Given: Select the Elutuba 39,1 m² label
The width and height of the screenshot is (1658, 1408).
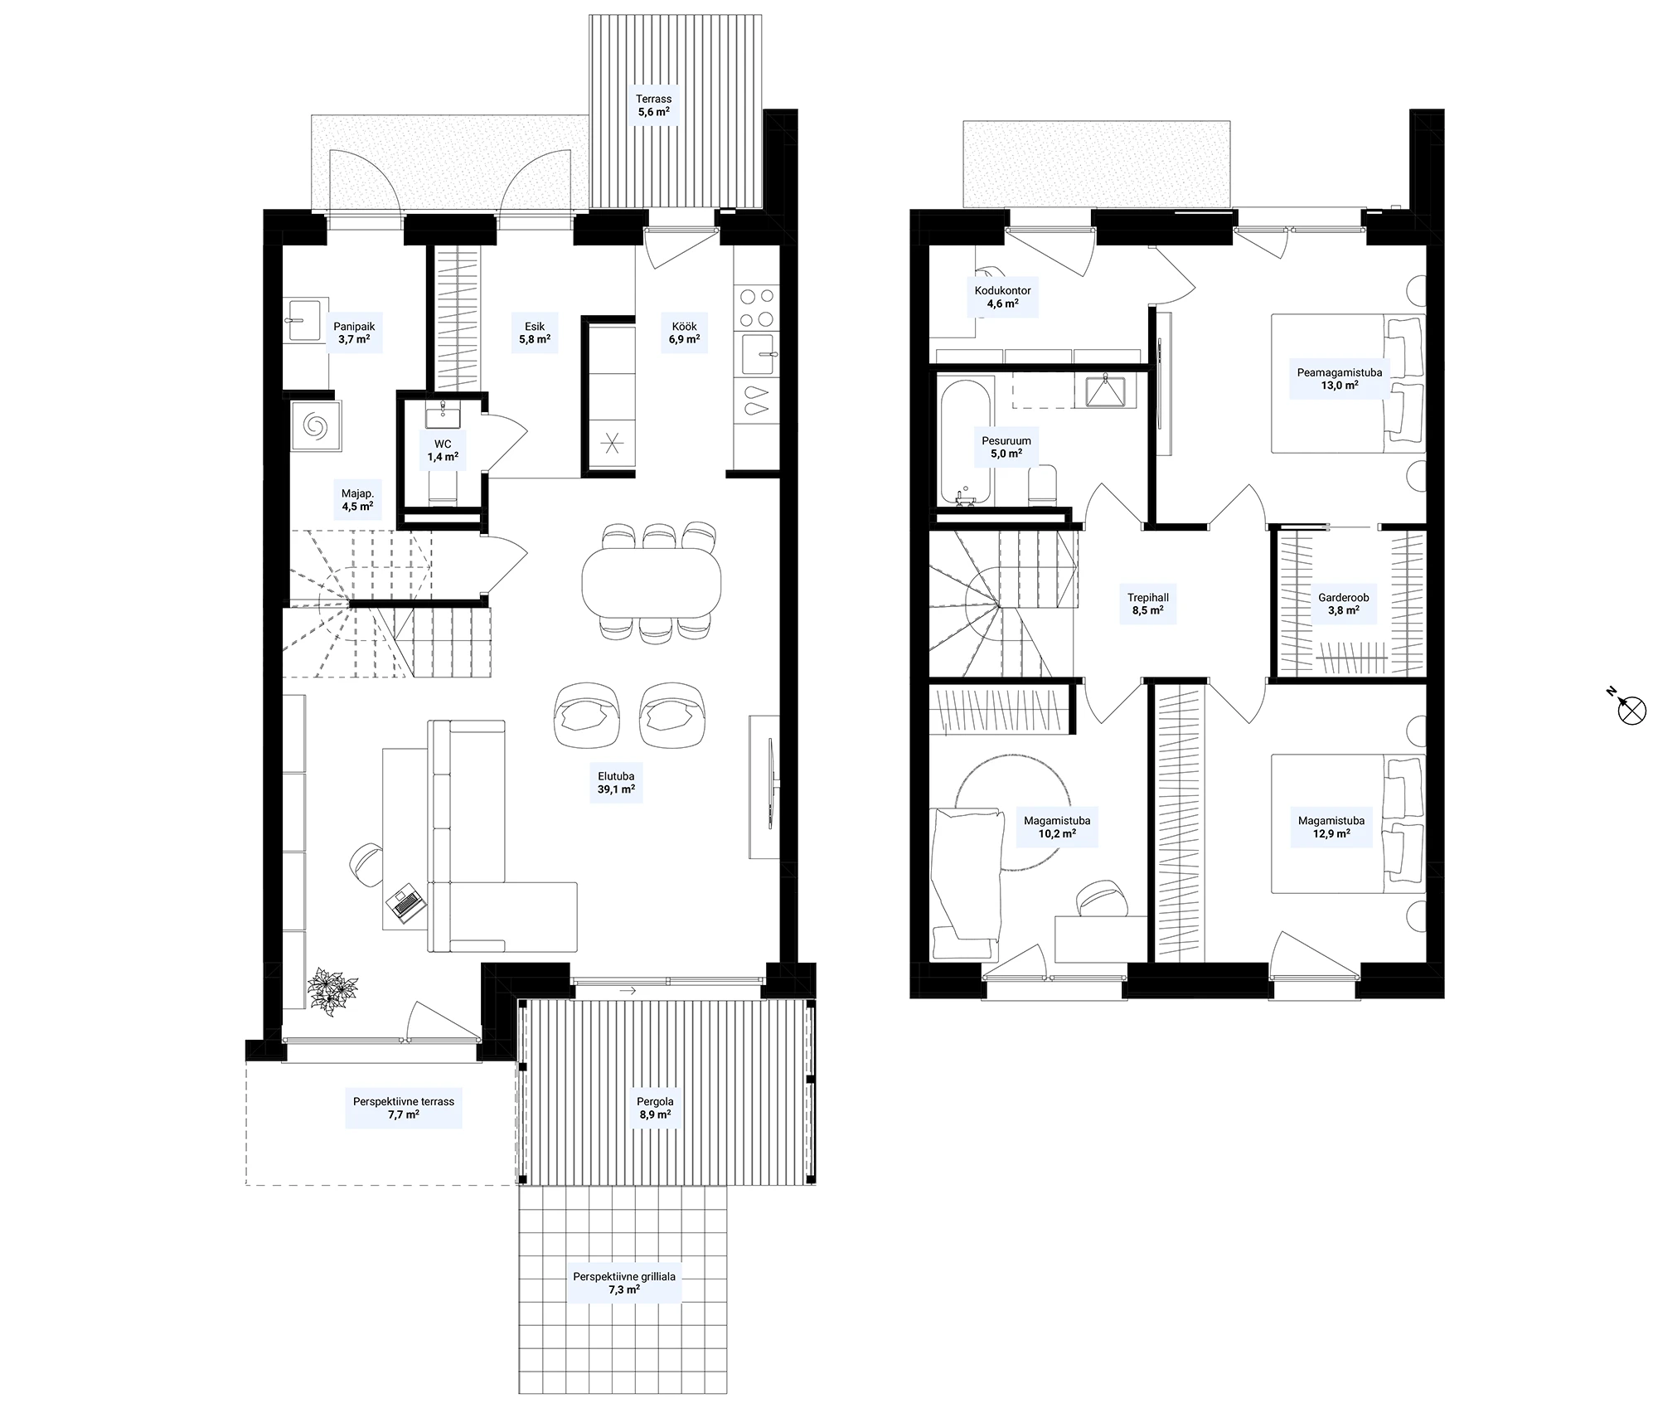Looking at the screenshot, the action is tap(616, 783).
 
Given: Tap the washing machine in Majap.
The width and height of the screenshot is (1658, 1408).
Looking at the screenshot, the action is tap(315, 426).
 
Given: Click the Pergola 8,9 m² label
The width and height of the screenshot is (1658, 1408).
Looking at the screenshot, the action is tap(655, 1108).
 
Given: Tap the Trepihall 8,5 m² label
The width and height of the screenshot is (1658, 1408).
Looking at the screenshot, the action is tap(1148, 603).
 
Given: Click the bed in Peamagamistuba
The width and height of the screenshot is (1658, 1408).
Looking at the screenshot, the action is tap(1348, 383).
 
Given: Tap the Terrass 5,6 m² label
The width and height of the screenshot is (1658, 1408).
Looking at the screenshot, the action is tap(654, 104).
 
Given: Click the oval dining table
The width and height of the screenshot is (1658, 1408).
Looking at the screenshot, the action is tap(652, 580).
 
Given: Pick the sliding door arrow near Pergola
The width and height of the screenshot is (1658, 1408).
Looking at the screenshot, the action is tap(628, 990).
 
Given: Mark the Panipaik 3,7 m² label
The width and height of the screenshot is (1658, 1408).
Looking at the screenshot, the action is tap(354, 333).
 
